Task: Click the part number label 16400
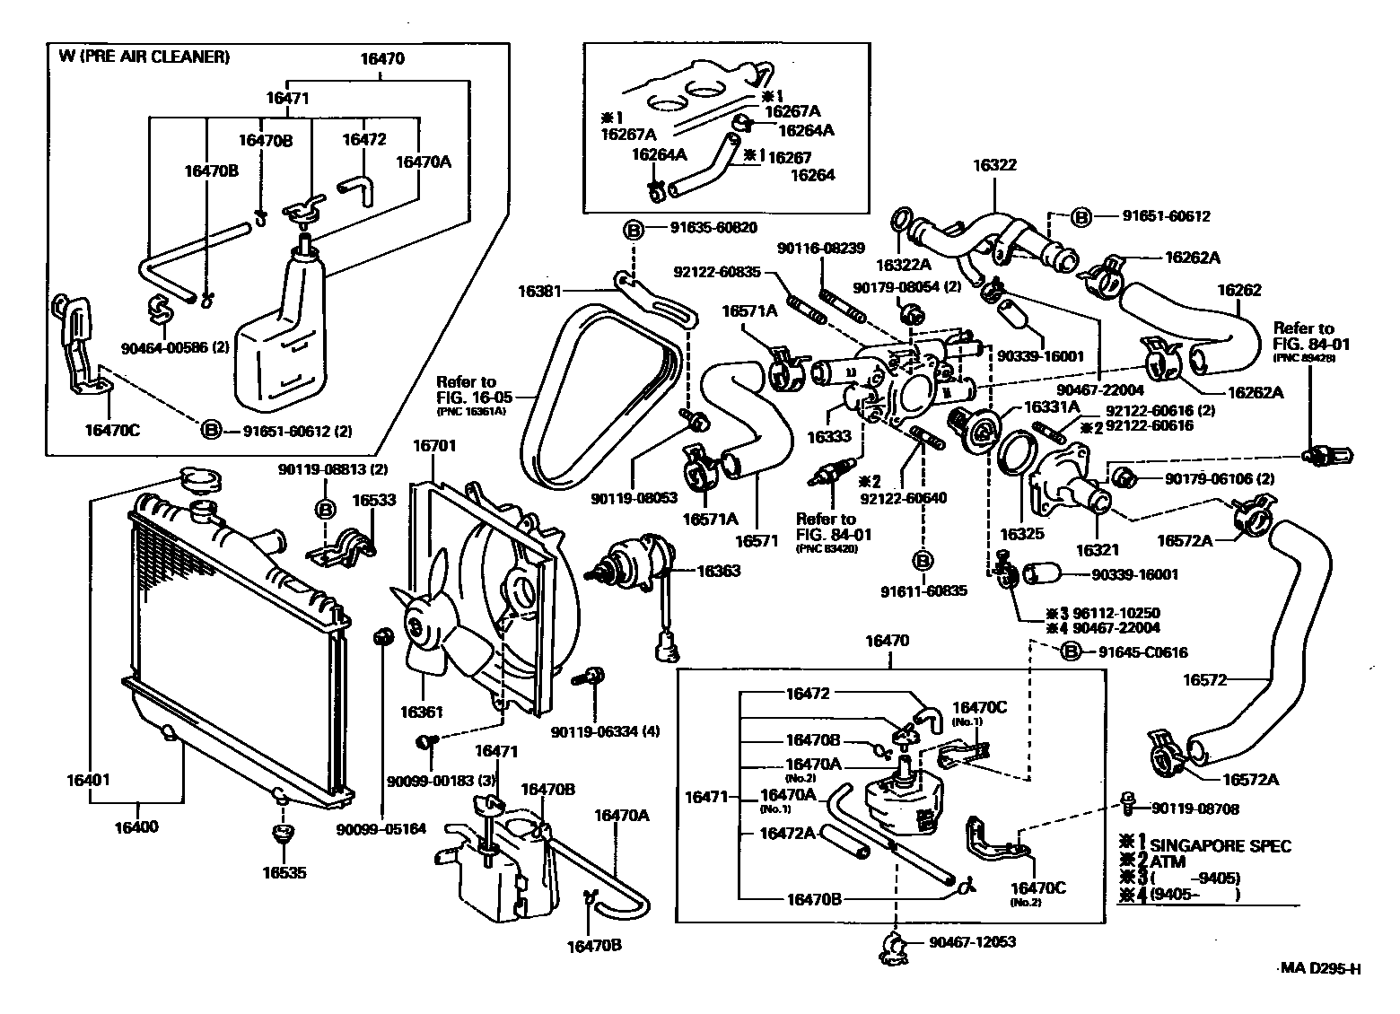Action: pos(137,826)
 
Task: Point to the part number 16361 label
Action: pos(422,712)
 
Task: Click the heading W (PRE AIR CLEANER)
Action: pos(144,57)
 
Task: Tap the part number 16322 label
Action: pos(995,165)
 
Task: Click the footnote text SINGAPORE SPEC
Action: pos(1220,845)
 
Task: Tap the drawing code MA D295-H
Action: pos(1319,968)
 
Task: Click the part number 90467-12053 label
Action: pos(973,942)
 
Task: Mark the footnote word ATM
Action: pos(1167,862)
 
